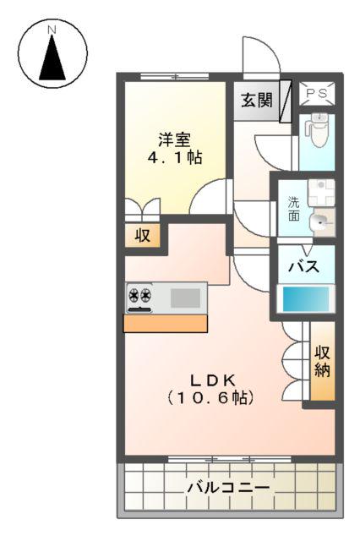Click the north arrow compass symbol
pyautogui.click(x=52, y=56)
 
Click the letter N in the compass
pyautogui.click(x=52, y=30)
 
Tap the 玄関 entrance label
pyautogui.click(x=256, y=100)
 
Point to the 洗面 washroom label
pyautogui.click(x=293, y=209)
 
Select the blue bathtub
pyautogui.click(x=307, y=300)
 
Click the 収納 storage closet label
pyautogui.click(x=322, y=361)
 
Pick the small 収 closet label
pyautogui.click(x=143, y=236)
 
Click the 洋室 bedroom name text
pyautogui.click(x=175, y=139)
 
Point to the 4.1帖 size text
pyautogui.click(x=175, y=158)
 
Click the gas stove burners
pyautogui.click(x=140, y=297)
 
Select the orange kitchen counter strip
pyautogui.click(x=166, y=323)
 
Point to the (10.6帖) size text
pyautogui.click(x=210, y=396)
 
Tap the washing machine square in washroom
pyautogui.click(x=320, y=192)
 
